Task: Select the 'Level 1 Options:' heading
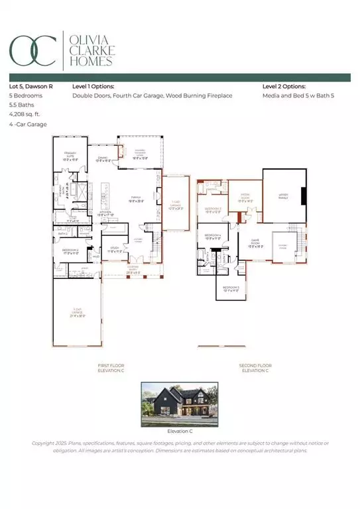[x=93, y=86]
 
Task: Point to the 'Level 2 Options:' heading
[x=284, y=86]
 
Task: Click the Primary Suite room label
[x=70, y=156]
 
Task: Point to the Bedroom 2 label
[x=70, y=251]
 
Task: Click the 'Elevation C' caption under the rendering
[x=179, y=431]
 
